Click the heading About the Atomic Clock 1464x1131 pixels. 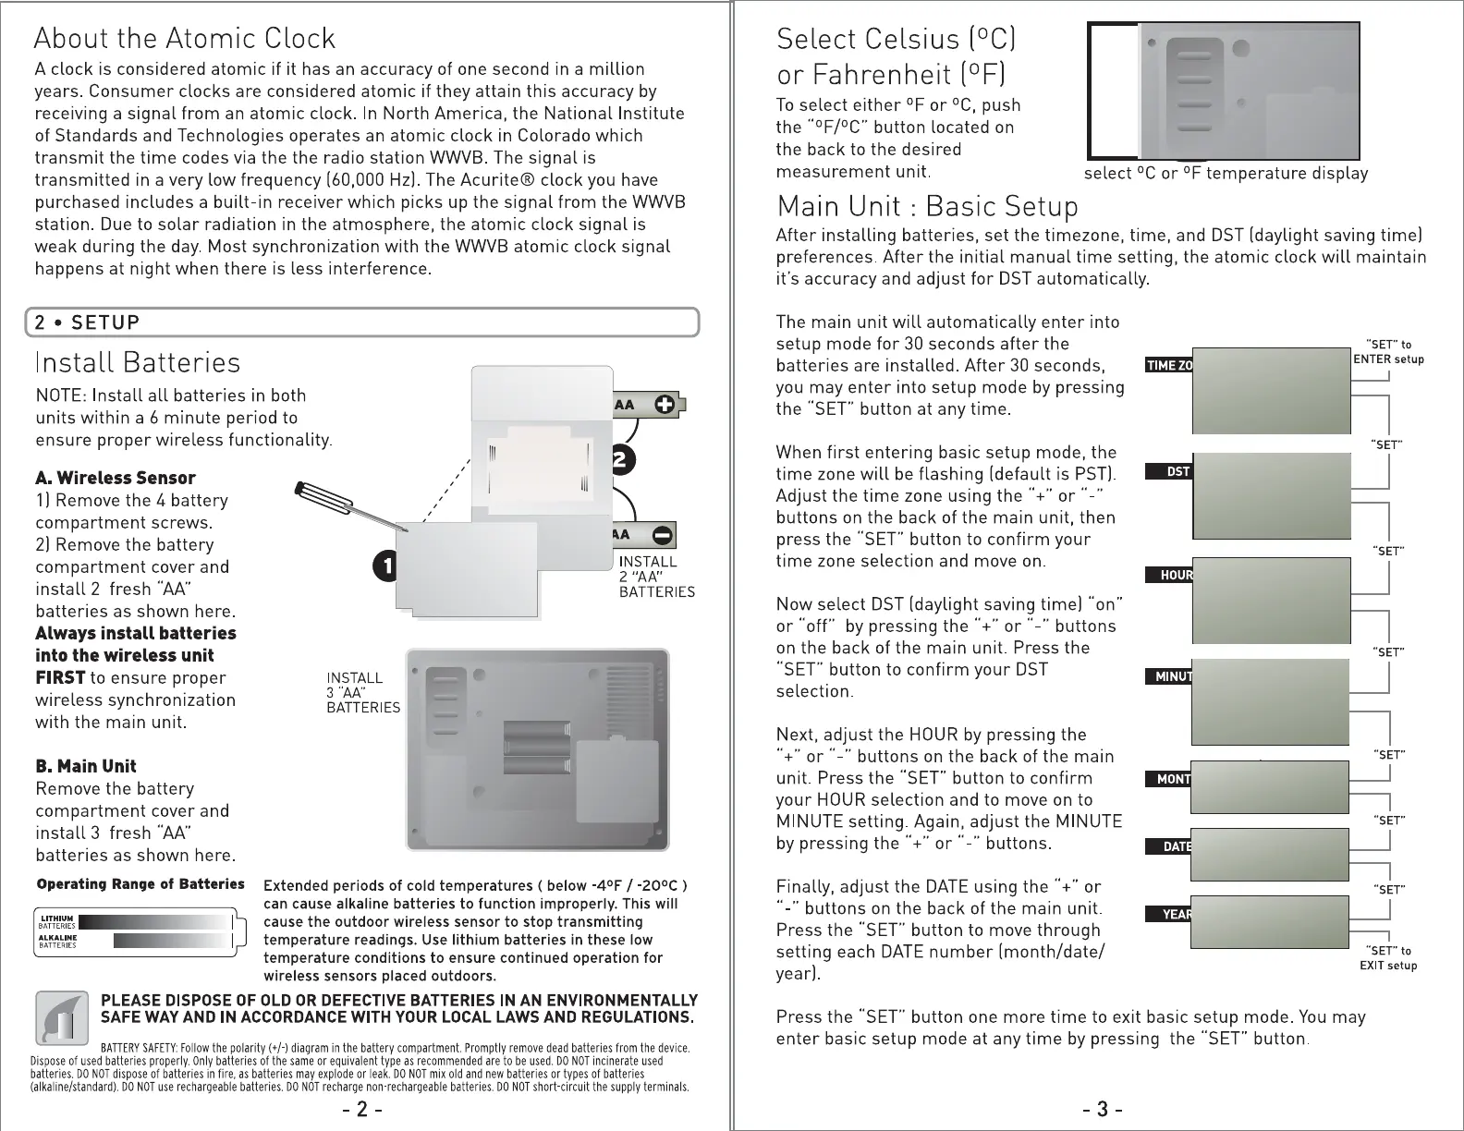click(185, 39)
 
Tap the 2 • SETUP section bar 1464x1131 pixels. click(361, 322)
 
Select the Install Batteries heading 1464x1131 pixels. click(137, 362)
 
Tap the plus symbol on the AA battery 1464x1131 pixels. click(664, 404)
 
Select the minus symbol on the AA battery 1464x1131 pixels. click(663, 535)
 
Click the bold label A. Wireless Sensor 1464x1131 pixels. click(116, 478)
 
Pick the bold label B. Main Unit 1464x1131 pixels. click(85, 766)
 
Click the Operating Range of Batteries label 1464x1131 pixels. click(140, 884)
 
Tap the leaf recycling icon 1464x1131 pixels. click(62, 1017)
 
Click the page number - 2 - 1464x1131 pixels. click(361, 1109)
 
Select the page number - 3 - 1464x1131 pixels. click(1103, 1109)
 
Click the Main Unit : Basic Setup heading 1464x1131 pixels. click(927, 205)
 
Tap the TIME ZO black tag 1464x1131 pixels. click(1169, 365)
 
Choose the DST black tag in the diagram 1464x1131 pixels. click(1177, 472)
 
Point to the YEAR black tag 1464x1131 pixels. click(1176, 915)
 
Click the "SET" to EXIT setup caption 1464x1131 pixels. click(1387, 958)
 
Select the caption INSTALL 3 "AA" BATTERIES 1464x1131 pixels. click(362, 693)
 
